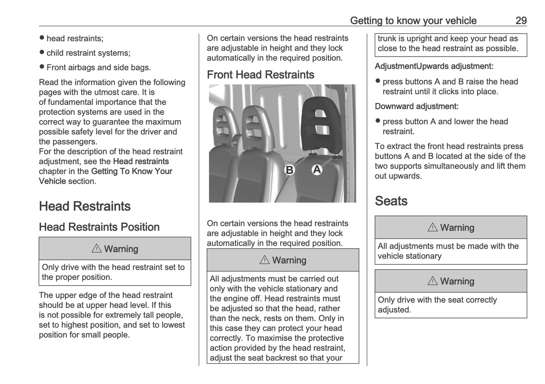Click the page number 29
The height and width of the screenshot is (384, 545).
[521, 20]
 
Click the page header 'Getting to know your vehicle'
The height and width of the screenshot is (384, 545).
[413, 20]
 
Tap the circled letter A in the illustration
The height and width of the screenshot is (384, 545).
[317, 170]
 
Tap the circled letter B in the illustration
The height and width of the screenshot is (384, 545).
[289, 170]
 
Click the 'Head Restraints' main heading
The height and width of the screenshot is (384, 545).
[84, 206]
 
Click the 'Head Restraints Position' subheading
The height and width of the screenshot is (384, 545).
[99, 227]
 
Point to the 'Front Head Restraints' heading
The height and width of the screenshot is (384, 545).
[260, 75]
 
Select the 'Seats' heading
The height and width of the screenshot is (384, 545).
[391, 201]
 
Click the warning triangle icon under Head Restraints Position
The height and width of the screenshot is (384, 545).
[97, 249]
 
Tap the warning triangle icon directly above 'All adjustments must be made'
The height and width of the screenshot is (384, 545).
[433, 227]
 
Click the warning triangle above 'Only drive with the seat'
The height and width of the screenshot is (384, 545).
[433, 281]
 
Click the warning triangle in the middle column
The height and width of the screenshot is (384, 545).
[264, 260]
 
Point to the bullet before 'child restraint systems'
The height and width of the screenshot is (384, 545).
[42, 53]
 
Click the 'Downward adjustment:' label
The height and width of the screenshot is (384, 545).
[416, 106]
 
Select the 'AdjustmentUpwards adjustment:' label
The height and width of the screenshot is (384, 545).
[434, 66]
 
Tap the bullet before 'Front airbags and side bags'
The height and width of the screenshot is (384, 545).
[42, 67]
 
